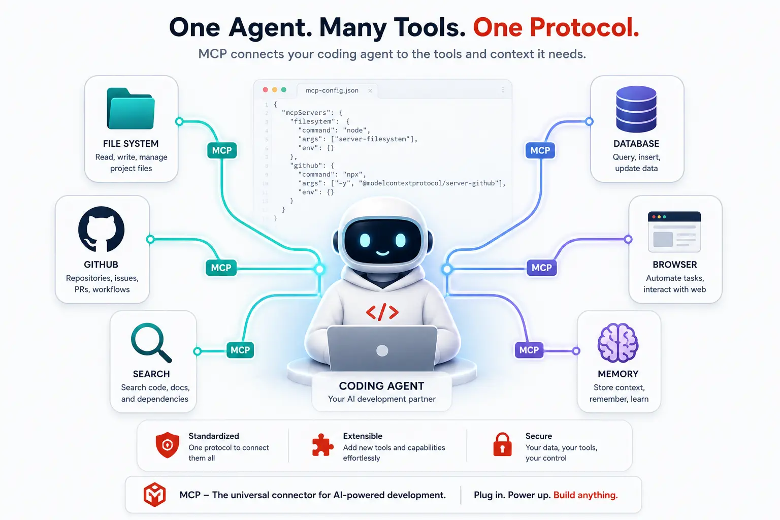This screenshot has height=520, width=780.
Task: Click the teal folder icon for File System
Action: coord(131,109)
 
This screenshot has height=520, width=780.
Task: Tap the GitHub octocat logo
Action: coord(102,229)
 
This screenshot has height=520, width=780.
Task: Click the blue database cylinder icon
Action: coord(636,109)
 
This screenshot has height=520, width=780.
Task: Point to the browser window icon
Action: coord(674,232)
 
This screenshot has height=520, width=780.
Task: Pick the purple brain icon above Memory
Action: coord(618,343)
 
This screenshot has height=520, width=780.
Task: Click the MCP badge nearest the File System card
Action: coord(222,150)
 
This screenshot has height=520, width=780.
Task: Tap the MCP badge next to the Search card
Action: coord(240,350)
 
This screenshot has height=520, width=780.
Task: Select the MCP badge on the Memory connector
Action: coord(529,350)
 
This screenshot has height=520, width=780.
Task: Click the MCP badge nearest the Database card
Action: coord(540,150)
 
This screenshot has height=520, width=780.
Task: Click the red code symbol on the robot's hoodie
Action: coord(382,312)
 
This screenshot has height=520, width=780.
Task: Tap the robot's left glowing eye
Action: coord(365,240)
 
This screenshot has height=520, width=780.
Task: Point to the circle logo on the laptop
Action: coord(382,350)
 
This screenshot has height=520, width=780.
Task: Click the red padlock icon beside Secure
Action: coord(502,444)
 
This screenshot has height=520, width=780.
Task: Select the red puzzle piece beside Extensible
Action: coord(322,445)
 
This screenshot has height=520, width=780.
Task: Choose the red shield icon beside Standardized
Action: coord(167,445)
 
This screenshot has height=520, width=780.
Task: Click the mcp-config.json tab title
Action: coord(332,90)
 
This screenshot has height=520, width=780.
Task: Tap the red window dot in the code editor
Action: coord(266,90)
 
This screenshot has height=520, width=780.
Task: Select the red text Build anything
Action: coord(586,495)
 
